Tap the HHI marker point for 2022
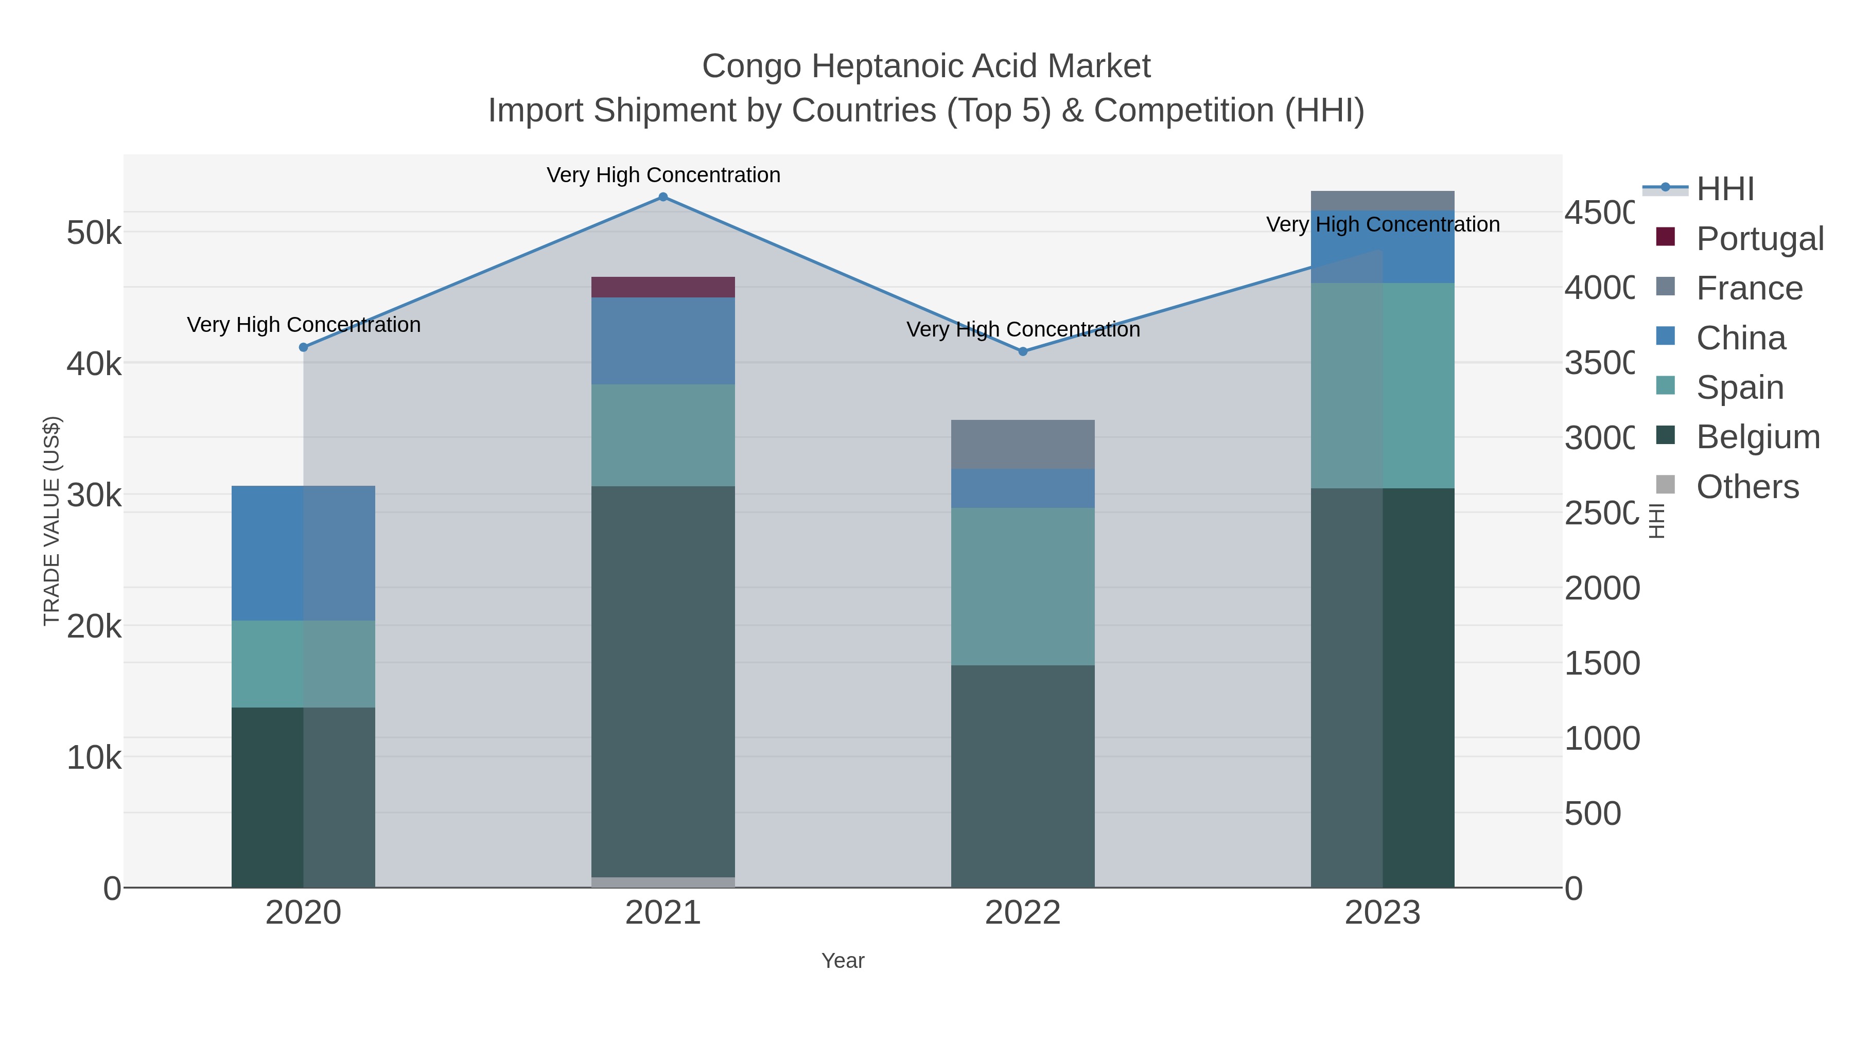click(x=1023, y=351)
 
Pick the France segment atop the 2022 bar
click(x=1022, y=445)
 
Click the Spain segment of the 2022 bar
click(x=1022, y=586)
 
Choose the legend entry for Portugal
click(x=1759, y=239)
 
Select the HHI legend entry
click(x=1724, y=189)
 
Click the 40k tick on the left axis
click(x=94, y=364)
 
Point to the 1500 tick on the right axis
click(x=1602, y=663)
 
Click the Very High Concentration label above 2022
click(x=1022, y=329)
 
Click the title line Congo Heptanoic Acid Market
click(x=926, y=66)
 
